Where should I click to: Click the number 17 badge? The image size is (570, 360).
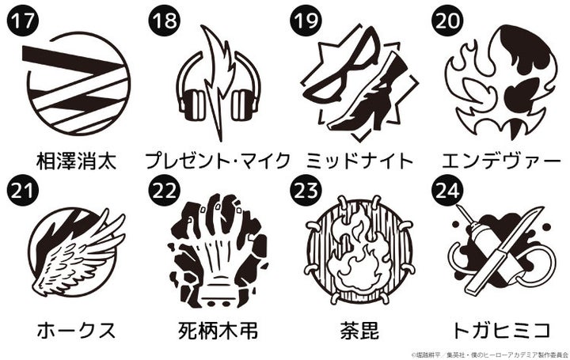(x=22, y=21)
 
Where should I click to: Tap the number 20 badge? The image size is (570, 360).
(x=446, y=21)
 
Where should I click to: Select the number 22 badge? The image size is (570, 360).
(x=164, y=191)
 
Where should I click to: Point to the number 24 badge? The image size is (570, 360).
(x=446, y=191)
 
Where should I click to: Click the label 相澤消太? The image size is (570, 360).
(x=76, y=161)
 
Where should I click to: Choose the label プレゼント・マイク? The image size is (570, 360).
(x=218, y=161)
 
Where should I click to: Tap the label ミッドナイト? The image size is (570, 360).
(x=360, y=161)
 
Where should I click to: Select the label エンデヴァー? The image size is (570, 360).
(x=502, y=161)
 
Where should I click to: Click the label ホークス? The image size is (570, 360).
(x=76, y=331)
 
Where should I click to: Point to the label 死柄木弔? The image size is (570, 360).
(x=218, y=331)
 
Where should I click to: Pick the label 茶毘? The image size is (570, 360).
(x=360, y=331)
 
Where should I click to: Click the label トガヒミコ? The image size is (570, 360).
(x=502, y=331)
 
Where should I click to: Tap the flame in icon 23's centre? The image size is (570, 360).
(x=358, y=254)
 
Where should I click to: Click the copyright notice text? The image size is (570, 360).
(x=490, y=354)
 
